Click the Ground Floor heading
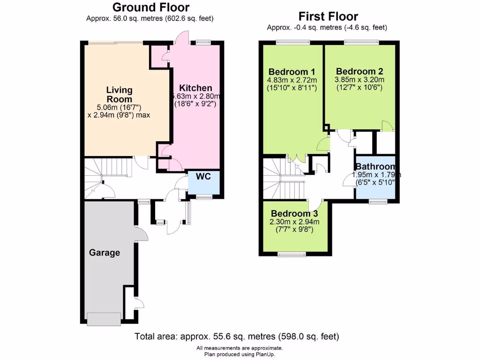pos(151,7)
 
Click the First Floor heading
pos(328,17)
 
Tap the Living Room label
pos(119,94)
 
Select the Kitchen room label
pos(196,88)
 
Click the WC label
pos(203,177)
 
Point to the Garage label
pos(105,253)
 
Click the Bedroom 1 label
pos(292,72)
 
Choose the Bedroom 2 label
pos(360,71)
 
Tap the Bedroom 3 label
pos(294,214)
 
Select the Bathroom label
pos(375,167)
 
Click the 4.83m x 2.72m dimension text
pos(292,80)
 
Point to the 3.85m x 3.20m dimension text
pos(360,79)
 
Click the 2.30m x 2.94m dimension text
pos(295,222)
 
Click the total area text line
pos(237,336)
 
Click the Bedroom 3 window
pos(291,255)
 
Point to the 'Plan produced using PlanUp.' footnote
pos(240,354)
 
